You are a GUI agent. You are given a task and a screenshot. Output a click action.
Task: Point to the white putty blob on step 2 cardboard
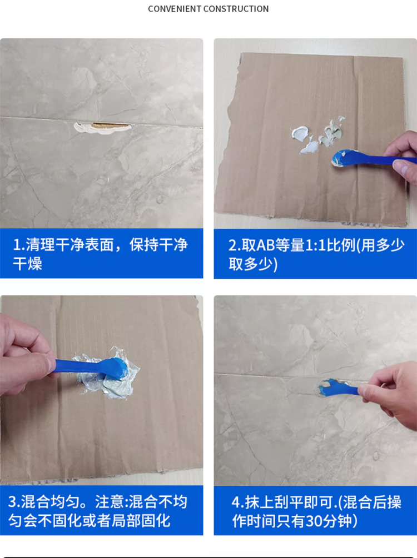pos(300,133)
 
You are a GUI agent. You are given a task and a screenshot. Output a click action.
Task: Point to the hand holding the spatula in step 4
pos(391,391)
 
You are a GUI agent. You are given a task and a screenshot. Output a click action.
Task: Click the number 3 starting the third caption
pos(12,502)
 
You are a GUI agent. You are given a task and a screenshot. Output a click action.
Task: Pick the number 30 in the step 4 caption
pos(314,521)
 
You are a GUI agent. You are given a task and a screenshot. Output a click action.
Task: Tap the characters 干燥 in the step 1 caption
pos(27,264)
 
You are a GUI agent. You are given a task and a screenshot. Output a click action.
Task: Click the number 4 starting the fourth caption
pos(236,502)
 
